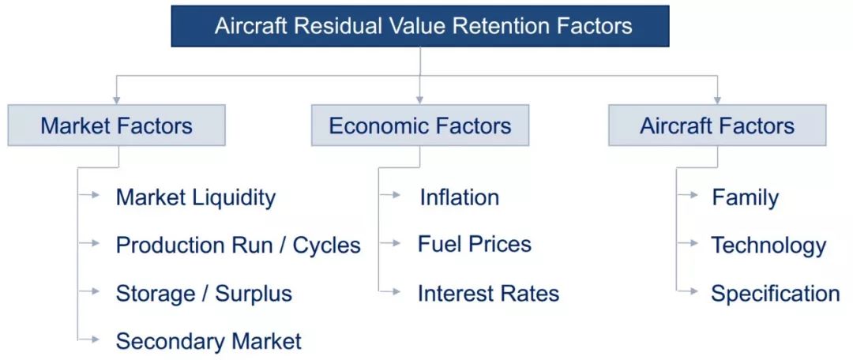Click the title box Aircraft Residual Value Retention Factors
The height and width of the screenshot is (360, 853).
[x=420, y=26]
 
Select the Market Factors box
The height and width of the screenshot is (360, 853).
[x=116, y=125]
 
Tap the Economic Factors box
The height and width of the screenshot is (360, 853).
[x=420, y=125]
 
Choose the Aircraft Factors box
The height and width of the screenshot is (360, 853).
[x=717, y=125]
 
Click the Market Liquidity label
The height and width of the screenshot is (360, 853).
[x=196, y=197]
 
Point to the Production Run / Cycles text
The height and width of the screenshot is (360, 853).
[x=239, y=246]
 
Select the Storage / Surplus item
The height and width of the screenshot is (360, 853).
[x=204, y=294]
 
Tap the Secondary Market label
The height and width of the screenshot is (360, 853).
[x=209, y=341]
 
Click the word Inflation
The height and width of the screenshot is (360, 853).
[x=459, y=197]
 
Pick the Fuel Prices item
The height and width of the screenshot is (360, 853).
[x=475, y=244]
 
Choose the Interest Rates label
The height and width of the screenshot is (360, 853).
[x=489, y=294]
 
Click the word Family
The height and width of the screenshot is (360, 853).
[x=746, y=198]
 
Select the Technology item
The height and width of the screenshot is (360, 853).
[x=768, y=246]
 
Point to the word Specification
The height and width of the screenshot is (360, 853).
[x=776, y=294]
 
